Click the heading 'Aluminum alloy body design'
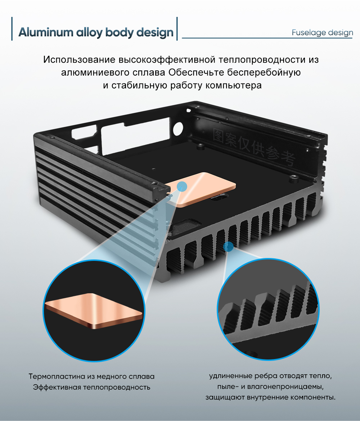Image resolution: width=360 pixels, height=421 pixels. pos(96,32)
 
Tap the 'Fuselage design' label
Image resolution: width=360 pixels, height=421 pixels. pos(323,32)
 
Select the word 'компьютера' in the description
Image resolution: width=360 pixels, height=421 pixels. pos(234,85)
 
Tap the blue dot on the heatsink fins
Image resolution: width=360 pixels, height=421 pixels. pos(228,246)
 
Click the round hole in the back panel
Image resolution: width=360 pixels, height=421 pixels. pos(178,129)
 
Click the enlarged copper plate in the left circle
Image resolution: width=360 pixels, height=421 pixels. pos(93,311)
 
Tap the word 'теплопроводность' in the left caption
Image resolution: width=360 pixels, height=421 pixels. pos(117,387)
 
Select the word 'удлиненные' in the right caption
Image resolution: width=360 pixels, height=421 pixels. pos(230,376)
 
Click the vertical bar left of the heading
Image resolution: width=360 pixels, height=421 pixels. pos(12,29)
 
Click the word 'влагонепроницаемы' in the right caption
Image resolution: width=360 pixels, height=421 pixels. pos(285,386)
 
